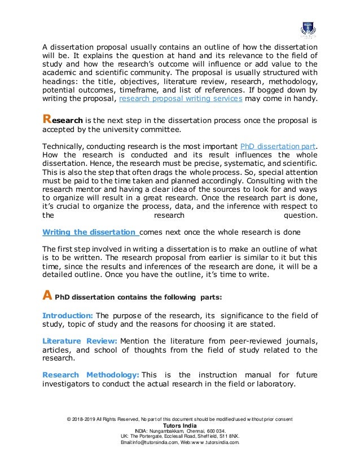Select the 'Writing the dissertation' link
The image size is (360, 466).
90,232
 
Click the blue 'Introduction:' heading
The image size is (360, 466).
68,315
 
